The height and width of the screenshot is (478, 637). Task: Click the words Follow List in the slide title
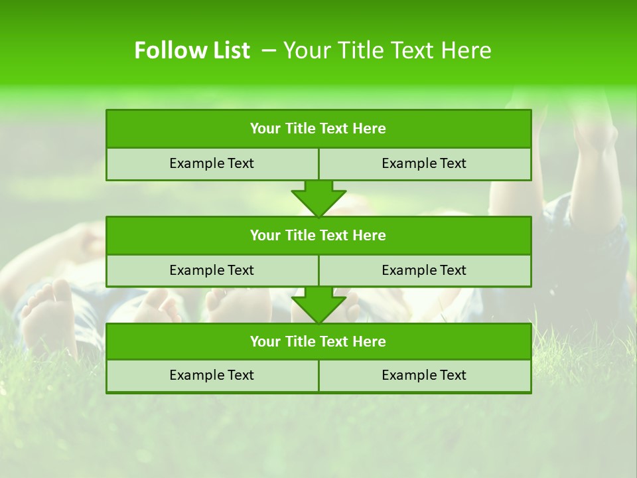tap(192, 50)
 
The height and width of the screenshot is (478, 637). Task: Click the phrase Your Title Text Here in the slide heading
tap(388, 50)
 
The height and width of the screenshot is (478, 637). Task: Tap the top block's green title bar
tap(318, 129)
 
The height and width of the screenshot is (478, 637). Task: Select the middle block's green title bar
tap(318, 235)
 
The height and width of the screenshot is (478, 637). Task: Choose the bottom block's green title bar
tap(318, 341)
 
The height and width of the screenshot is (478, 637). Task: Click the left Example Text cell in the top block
tap(212, 163)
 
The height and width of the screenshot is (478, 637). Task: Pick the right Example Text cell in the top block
tap(424, 163)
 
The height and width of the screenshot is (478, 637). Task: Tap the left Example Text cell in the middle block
tap(212, 270)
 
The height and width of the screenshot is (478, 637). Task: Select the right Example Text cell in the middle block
tap(424, 270)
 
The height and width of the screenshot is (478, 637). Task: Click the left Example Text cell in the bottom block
tap(212, 375)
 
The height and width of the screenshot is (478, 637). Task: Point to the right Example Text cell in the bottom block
tap(424, 375)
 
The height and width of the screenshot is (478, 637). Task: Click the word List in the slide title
tap(227, 50)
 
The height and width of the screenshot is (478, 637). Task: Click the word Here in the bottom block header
tap(370, 341)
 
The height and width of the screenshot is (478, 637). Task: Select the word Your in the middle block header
tap(265, 235)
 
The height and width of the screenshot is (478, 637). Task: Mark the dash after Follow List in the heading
tap(269, 50)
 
